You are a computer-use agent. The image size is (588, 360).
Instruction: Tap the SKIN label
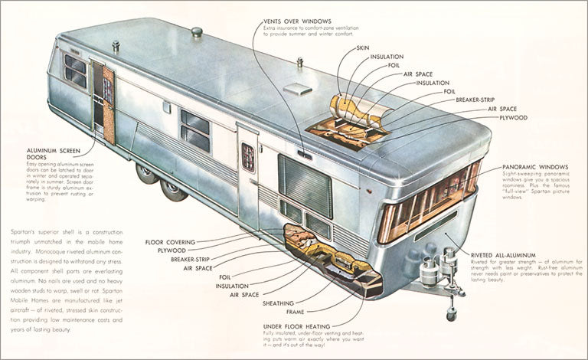tap(363, 48)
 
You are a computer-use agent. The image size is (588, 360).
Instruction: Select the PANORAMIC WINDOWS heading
tap(535, 166)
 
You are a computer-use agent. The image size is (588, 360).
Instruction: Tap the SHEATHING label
tap(279, 303)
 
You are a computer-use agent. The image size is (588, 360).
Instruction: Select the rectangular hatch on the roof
tap(297, 89)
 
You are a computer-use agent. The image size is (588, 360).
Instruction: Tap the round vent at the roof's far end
tap(197, 32)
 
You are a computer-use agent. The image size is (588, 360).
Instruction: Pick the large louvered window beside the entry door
tap(305, 185)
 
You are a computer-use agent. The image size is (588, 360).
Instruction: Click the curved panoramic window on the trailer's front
tap(429, 200)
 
